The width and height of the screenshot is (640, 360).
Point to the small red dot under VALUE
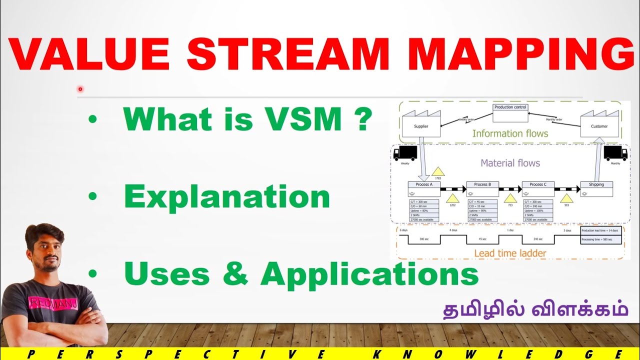(x=80, y=89)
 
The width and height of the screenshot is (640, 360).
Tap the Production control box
(x=510, y=113)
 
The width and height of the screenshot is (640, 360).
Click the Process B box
(x=482, y=188)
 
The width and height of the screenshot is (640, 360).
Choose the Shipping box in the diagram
(x=596, y=188)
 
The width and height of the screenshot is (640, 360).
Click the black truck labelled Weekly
(x=405, y=153)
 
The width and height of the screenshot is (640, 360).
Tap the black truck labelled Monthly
(x=615, y=153)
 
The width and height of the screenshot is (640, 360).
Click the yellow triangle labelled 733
(x=510, y=198)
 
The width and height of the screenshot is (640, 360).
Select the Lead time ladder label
(x=510, y=253)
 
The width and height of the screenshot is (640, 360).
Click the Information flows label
(x=510, y=133)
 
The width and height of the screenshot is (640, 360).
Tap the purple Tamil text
(x=535, y=308)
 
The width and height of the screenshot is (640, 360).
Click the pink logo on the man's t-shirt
(x=47, y=302)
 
